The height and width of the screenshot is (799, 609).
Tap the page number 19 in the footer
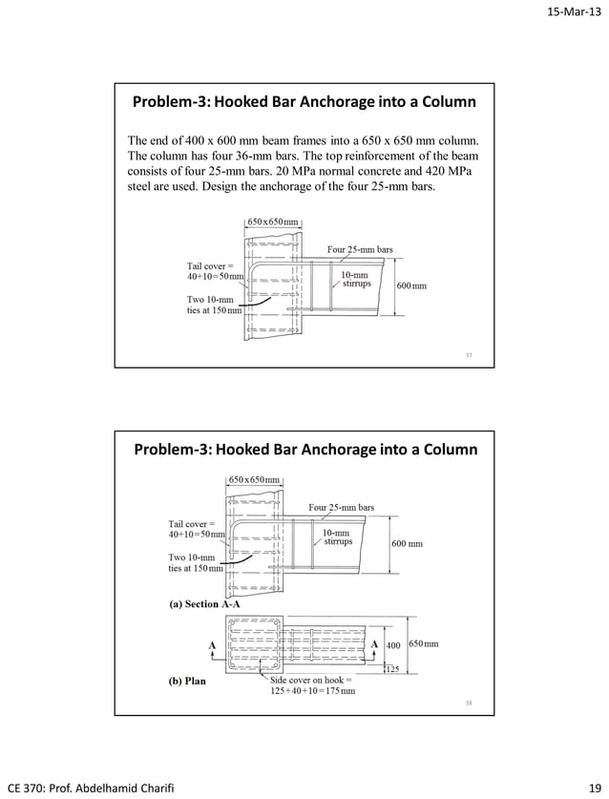pos(595,787)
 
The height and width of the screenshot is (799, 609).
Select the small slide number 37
pos(469,356)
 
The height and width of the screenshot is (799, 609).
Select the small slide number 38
pos(469,703)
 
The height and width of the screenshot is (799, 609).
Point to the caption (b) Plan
pos(187,682)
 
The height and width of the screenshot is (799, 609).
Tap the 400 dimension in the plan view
pos(392,644)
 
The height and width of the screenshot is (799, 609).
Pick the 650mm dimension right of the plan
pos(425,644)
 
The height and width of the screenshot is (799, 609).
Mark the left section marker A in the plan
pos(211,644)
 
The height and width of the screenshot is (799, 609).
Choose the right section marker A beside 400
pos(373,644)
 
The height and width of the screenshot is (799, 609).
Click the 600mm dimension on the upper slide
pos(411,285)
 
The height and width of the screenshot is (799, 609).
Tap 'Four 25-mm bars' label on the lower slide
pos(341,507)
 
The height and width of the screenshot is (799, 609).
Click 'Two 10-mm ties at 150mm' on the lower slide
pos(196,562)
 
